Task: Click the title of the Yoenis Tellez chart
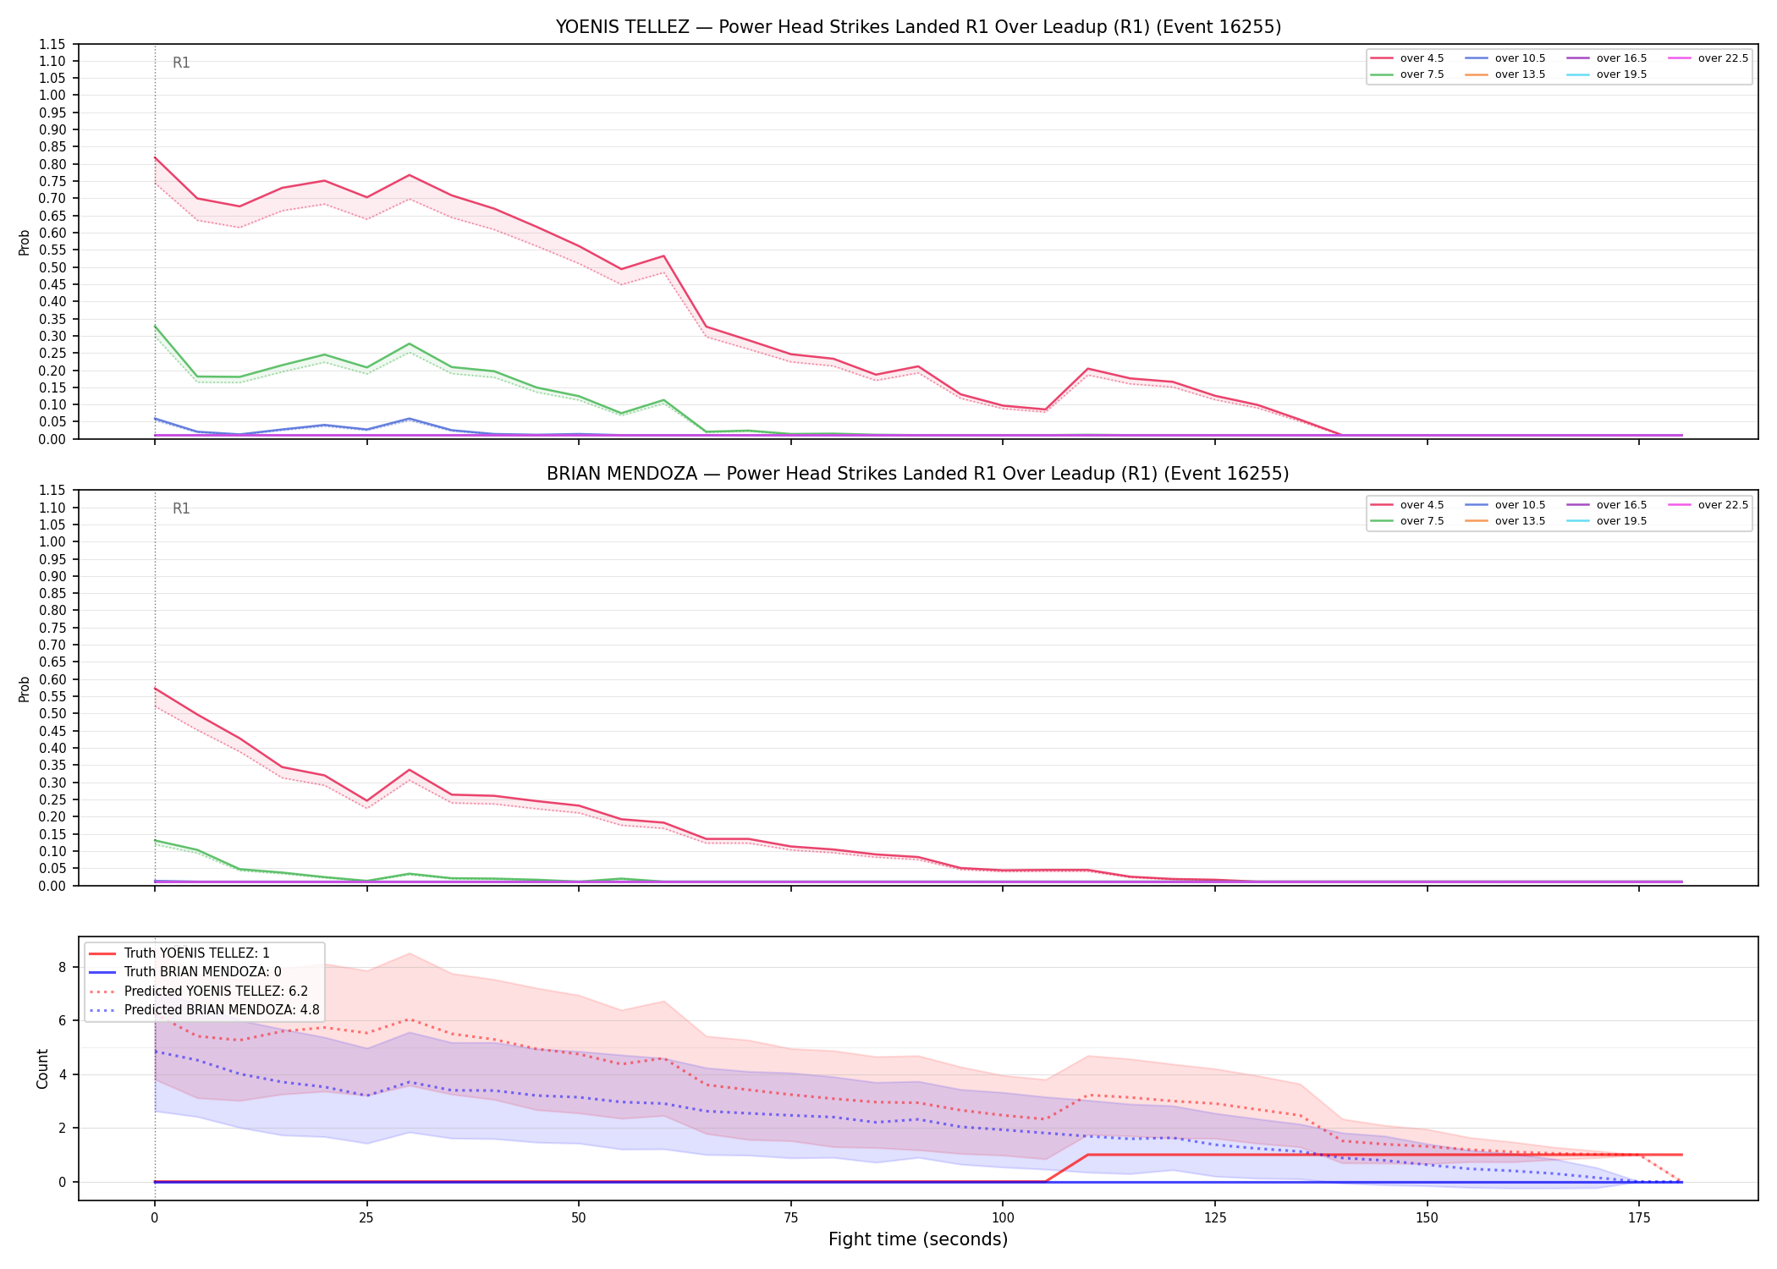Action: coord(918,27)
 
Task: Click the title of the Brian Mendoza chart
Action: coord(918,474)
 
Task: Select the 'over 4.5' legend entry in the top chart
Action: coord(1407,58)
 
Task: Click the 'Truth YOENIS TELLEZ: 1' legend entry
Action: coord(179,953)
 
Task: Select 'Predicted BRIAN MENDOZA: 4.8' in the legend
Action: coord(204,1010)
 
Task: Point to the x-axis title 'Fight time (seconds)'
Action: coord(918,1239)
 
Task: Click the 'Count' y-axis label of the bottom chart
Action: coord(42,1068)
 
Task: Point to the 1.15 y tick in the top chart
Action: coord(52,44)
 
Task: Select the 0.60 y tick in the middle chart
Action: coord(52,679)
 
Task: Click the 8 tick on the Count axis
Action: coord(62,967)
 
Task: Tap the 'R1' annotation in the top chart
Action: coord(181,63)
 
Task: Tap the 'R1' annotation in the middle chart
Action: coord(181,508)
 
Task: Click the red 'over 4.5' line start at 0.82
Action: coord(155,157)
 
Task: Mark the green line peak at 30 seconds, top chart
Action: coord(410,343)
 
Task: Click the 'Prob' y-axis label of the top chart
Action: coord(25,243)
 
